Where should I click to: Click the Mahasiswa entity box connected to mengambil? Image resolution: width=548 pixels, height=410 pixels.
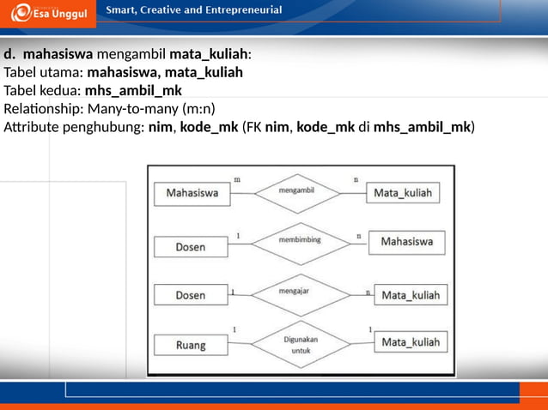pyautogui.click(x=192, y=194)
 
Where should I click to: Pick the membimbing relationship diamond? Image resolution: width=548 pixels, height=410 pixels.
pyautogui.click(x=300, y=241)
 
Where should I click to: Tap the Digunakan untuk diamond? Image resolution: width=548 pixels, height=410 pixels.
pyautogui.click(x=300, y=345)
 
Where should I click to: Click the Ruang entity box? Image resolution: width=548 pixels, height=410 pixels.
pyautogui.click(x=191, y=346)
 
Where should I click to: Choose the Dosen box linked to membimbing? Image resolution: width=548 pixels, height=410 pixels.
pyautogui.click(x=191, y=247)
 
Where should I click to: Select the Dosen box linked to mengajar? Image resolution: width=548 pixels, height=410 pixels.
pyautogui.click(x=191, y=296)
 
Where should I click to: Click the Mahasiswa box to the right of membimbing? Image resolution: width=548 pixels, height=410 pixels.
pyautogui.click(x=406, y=242)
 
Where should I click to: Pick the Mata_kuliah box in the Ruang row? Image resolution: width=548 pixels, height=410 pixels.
pyautogui.click(x=410, y=343)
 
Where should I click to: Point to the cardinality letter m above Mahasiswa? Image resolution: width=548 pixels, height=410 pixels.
pyautogui.click(x=237, y=179)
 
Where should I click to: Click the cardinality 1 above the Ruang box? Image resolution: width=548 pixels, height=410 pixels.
pyautogui.click(x=234, y=329)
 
